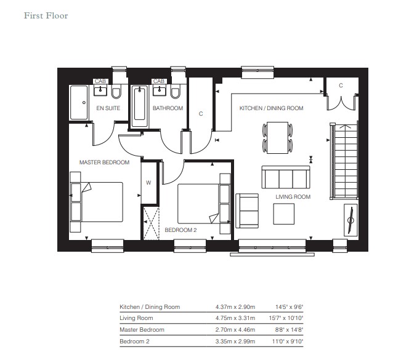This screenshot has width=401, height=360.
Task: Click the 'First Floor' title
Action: (x=46, y=15)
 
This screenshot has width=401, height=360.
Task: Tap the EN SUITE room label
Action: (x=108, y=108)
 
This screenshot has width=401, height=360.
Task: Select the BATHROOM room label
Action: (x=168, y=108)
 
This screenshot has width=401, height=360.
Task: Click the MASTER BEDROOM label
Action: (x=104, y=162)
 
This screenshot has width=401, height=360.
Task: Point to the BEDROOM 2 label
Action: (x=180, y=230)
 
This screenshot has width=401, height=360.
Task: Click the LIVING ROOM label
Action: (x=293, y=197)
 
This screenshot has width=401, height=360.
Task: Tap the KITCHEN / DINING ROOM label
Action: (x=272, y=108)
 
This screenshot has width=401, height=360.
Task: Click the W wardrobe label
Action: (x=148, y=183)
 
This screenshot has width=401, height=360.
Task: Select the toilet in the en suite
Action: (x=116, y=92)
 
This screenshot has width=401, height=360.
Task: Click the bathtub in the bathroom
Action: (x=140, y=106)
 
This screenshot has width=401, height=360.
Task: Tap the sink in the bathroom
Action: (x=160, y=90)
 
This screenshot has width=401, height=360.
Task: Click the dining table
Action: (x=277, y=138)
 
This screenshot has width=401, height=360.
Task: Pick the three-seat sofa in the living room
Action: (x=286, y=177)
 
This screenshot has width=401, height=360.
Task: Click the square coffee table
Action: (x=284, y=214)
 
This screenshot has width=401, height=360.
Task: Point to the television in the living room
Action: (x=350, y=220)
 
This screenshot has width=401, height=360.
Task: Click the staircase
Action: (x=344, y=161)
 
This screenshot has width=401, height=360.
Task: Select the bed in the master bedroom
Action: (x=97, y=202)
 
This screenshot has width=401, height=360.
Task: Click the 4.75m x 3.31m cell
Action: (x=235, y=318)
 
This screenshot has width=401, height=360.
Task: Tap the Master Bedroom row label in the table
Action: (x=142, y=330)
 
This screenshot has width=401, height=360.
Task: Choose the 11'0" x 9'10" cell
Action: (x=288, y=342)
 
